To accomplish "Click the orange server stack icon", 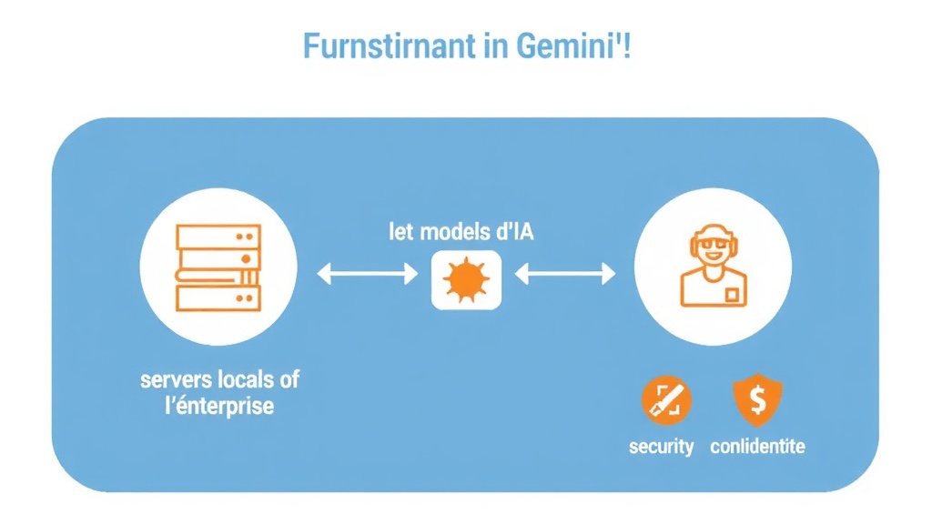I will tap(219, 268).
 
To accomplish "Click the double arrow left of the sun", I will tap(367, 272).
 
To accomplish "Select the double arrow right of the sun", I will tap(565, 272).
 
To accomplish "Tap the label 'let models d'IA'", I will tap(461, 231).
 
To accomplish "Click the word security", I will tap(662, 447).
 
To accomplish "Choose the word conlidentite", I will tap(757, 447).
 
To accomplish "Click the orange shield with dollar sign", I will tap(758, 401).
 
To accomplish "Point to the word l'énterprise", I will tap(218, 406).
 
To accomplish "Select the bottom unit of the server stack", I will tap(219, 299).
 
